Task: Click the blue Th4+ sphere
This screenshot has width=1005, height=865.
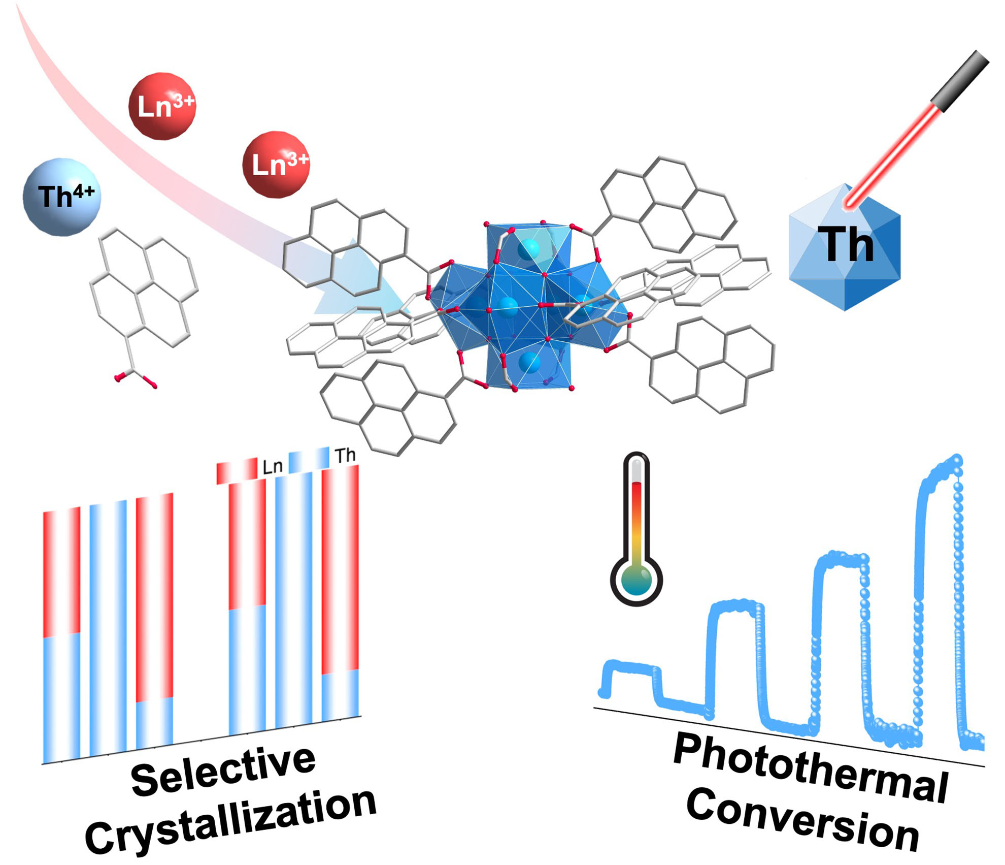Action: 62,197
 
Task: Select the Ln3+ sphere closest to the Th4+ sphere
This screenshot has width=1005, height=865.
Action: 162,106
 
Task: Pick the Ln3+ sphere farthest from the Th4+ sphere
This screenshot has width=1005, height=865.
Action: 276,164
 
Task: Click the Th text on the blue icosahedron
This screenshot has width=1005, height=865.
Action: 846,246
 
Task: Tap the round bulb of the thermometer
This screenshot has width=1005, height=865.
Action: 636,579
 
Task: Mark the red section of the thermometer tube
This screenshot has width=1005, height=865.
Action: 636,508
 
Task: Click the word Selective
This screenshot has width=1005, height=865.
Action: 223,772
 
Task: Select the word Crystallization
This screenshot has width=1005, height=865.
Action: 231,823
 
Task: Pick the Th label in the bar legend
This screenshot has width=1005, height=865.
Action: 345,456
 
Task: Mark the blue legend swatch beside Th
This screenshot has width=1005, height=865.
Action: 309,460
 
